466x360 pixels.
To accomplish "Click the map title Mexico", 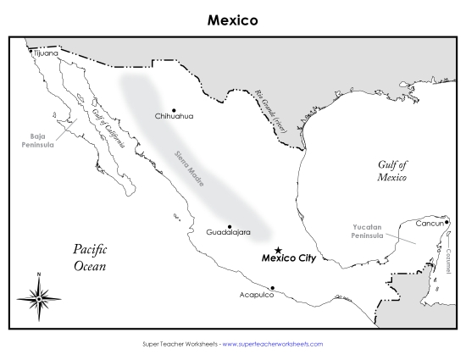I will tap(232, 18).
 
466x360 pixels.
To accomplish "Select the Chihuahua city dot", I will tap(174, 110).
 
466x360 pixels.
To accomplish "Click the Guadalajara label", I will tap(227, 231).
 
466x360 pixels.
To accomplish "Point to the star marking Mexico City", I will tap(279, 250).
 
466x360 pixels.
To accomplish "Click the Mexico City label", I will tap(289, 258).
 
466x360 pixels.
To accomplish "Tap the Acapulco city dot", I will tap(272, 288).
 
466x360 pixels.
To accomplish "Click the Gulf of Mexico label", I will tap(392, 172).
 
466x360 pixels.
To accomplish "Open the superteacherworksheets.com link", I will tap(272, 344).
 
